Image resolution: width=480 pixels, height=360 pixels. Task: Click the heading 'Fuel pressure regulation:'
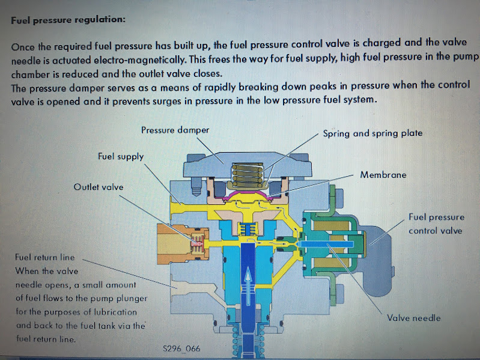[x=68, y=20]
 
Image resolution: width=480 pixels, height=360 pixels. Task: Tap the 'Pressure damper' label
[x=175, y=130]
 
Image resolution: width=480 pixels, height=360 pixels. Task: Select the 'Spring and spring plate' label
[x=372, y=133]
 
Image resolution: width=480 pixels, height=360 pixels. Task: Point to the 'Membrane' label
[x=383, y=175]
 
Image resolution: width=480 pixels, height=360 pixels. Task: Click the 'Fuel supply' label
[x=121, y=156]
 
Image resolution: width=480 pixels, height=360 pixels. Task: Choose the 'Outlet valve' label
[x=98, y=187]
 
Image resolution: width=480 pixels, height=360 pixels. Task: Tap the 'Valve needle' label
[x=413, y=318]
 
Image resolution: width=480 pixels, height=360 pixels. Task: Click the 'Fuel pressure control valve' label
[x=436, y=224]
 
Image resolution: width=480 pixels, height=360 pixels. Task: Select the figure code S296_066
[x=182, y=348]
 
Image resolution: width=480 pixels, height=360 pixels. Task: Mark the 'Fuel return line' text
[x=44, y=257]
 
